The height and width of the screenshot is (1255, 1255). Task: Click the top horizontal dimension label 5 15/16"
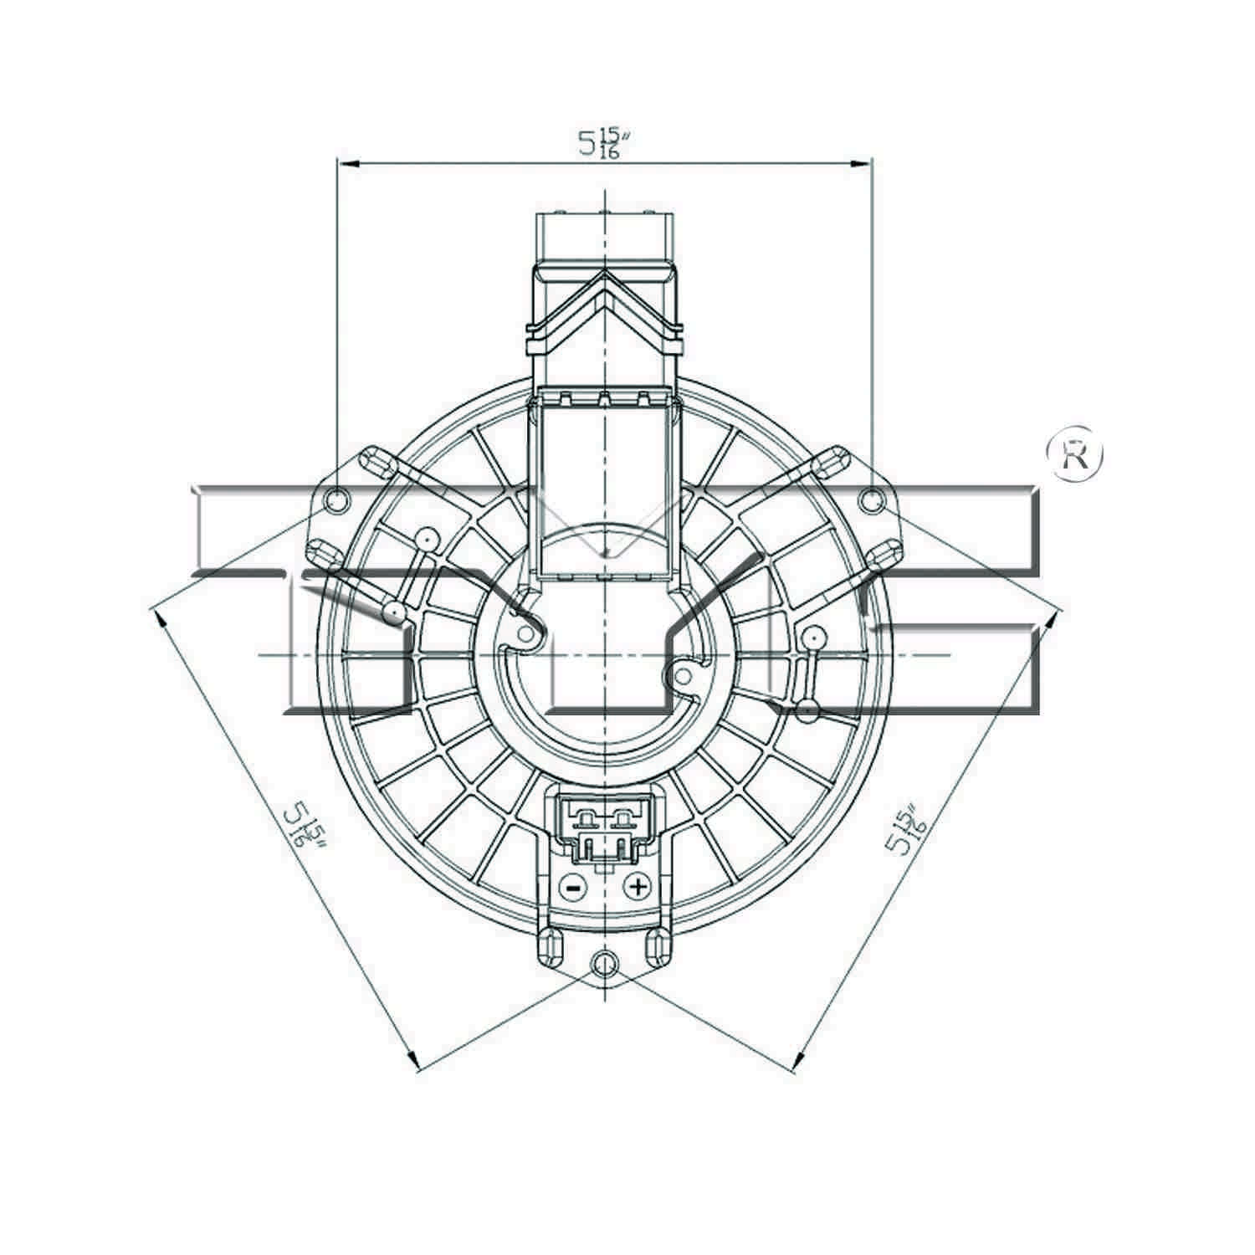click(603, 143)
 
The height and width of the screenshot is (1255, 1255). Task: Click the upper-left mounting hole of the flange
click(336, 501)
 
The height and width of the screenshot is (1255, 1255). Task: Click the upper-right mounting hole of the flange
click(872, 501)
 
